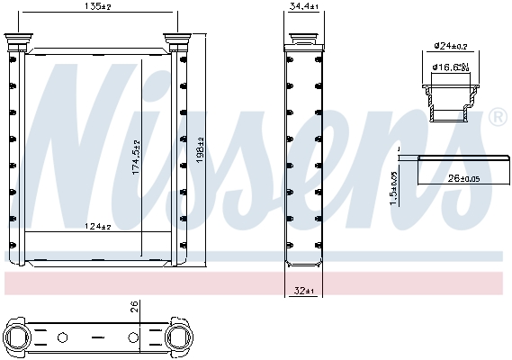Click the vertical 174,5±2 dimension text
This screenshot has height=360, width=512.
[137, 158]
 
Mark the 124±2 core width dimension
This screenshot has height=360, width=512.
[97, 225]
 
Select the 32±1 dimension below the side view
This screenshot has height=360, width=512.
[305, 291]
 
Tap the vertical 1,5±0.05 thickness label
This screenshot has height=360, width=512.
[393, 186]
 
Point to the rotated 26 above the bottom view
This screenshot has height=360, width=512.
[131, 309]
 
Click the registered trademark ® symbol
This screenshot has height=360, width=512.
[496, 118]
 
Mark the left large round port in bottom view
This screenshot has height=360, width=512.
[20, 338]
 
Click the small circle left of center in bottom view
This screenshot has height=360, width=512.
[62, 338]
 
